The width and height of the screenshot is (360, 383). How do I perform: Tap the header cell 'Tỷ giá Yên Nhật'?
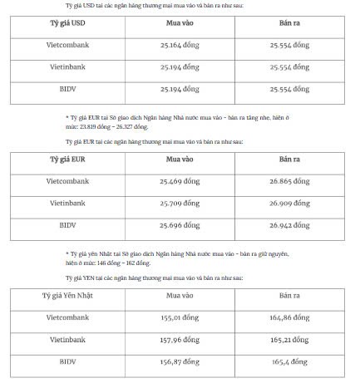(x=65, y=296)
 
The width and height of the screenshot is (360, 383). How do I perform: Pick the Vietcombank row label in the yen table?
(x=66, y=317)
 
